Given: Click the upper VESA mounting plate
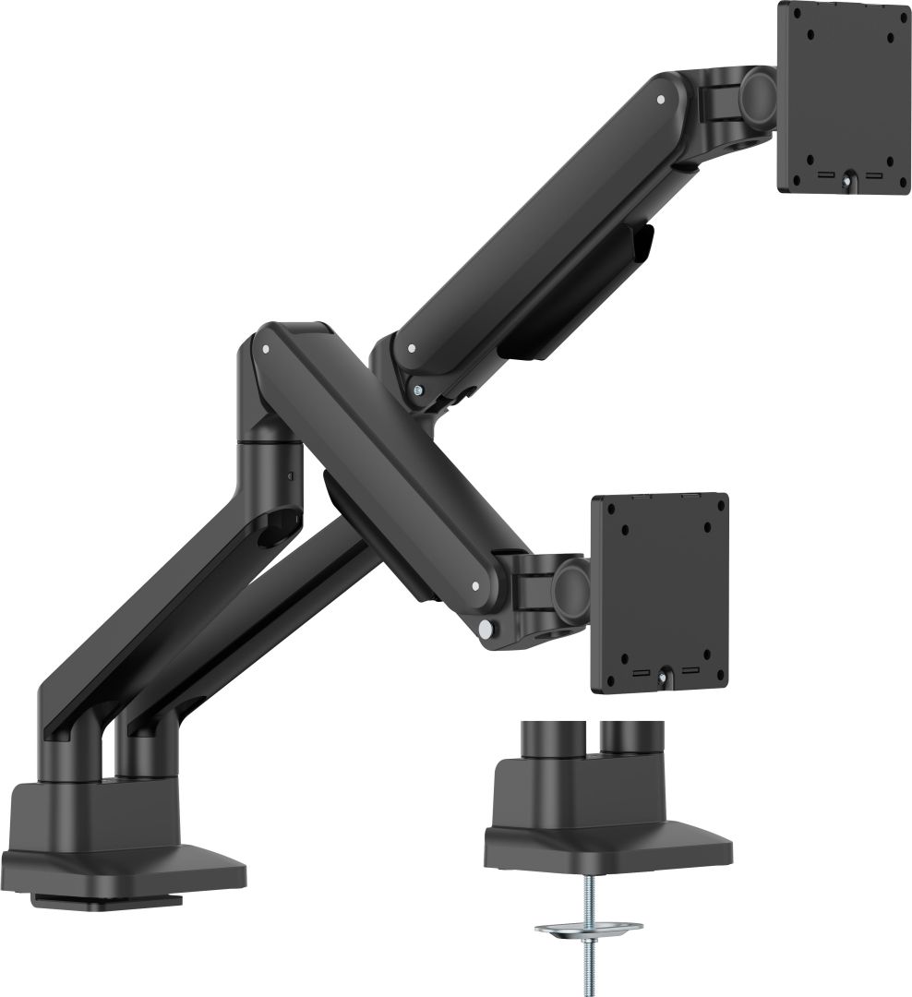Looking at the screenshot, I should coord(844,97).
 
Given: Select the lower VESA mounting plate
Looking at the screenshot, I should coord(659,591).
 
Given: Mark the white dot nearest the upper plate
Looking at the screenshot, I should coord(661,99).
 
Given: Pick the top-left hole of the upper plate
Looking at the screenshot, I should coord(811,38).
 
